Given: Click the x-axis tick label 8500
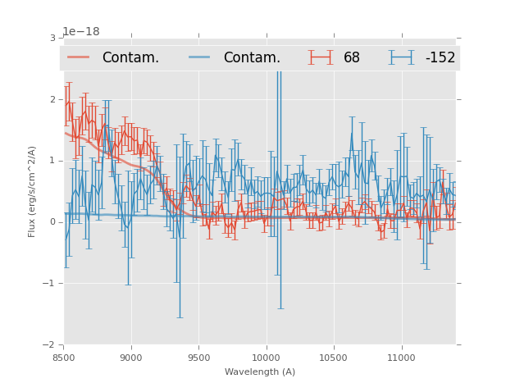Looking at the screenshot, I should pyautogui.click(x=64, y=358).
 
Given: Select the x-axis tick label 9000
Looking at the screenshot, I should pyautogui.click(x=131, y=358).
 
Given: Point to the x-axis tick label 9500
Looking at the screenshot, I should pyautogui.click(x=198, y=358).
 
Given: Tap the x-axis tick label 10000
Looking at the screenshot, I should pyautogui.click(x=266, y=358).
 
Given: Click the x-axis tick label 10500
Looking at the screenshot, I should pyautogui.click(x=334, y=358).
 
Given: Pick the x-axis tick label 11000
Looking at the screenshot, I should pyautogui.click(x=401, y=358).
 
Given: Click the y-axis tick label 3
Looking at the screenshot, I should pyautogui.click(x=52, y=38).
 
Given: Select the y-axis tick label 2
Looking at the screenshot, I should pyautogui.click(x=52, y=99).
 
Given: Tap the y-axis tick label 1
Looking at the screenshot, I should pyautogui.click(x=52, y=161).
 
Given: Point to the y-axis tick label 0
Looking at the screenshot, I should pyautogui.click(x=52, y=222).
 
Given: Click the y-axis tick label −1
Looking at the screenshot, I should pyautogui.click(x=50, y=284).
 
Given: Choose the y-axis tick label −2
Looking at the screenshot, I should pyautogui.click(x=50, y=345).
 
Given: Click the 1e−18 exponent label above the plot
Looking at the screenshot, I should pyautogui.click(x=81, y=31).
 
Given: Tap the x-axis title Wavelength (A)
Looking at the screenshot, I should pyautogui.click(x=260, y=372).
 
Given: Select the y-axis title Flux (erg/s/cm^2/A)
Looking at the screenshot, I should pyautogui.click(x=33, y=191).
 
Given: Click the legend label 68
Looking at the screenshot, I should pyautogui.click(x=352, y=58).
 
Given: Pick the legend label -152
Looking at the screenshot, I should pyautogui.click(x=440, y=58).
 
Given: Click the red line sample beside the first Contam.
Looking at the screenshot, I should pyautogui.click(x=79, y=57).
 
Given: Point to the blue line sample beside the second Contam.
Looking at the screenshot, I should pyautogui.click(x=200, y=57).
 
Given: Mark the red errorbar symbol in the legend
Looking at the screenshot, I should pyautogui.click(x=321, y=57).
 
